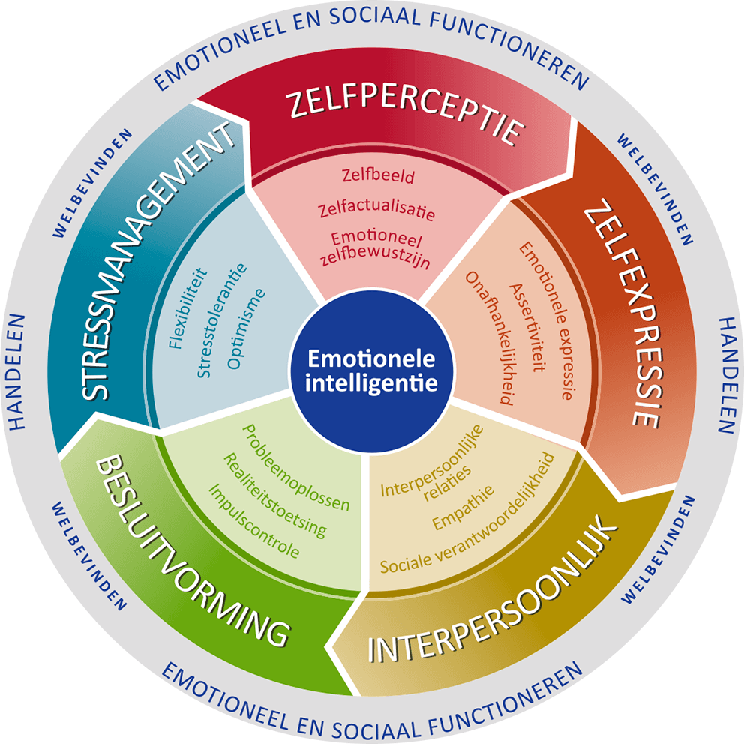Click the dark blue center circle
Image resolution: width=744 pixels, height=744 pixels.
tap(371, 370)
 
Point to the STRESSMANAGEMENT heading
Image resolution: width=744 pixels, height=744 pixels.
tap(157, 260)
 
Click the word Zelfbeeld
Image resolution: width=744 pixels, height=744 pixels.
tap(378, 175)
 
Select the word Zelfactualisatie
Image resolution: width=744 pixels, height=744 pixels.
tap(376, 211)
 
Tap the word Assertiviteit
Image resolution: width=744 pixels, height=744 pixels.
tap(527, 328)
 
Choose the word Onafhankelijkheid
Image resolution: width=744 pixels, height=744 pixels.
tap(489, 337)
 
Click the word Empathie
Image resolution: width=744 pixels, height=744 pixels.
tap(463, 508)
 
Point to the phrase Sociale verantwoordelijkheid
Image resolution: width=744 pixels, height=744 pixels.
tap(467, 514)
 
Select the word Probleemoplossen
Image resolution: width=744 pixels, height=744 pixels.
tap(295, 468)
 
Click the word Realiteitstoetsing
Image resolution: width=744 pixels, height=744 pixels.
tap(275, 495)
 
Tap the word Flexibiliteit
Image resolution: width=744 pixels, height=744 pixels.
tap(188, 308)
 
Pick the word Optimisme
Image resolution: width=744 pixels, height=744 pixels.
tap(246, 328)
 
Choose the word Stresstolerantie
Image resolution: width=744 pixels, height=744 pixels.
tap(222, 320)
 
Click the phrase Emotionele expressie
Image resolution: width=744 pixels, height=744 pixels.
tap(548, 321)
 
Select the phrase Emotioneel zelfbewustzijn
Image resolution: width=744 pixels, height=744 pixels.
tap(375, 250)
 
